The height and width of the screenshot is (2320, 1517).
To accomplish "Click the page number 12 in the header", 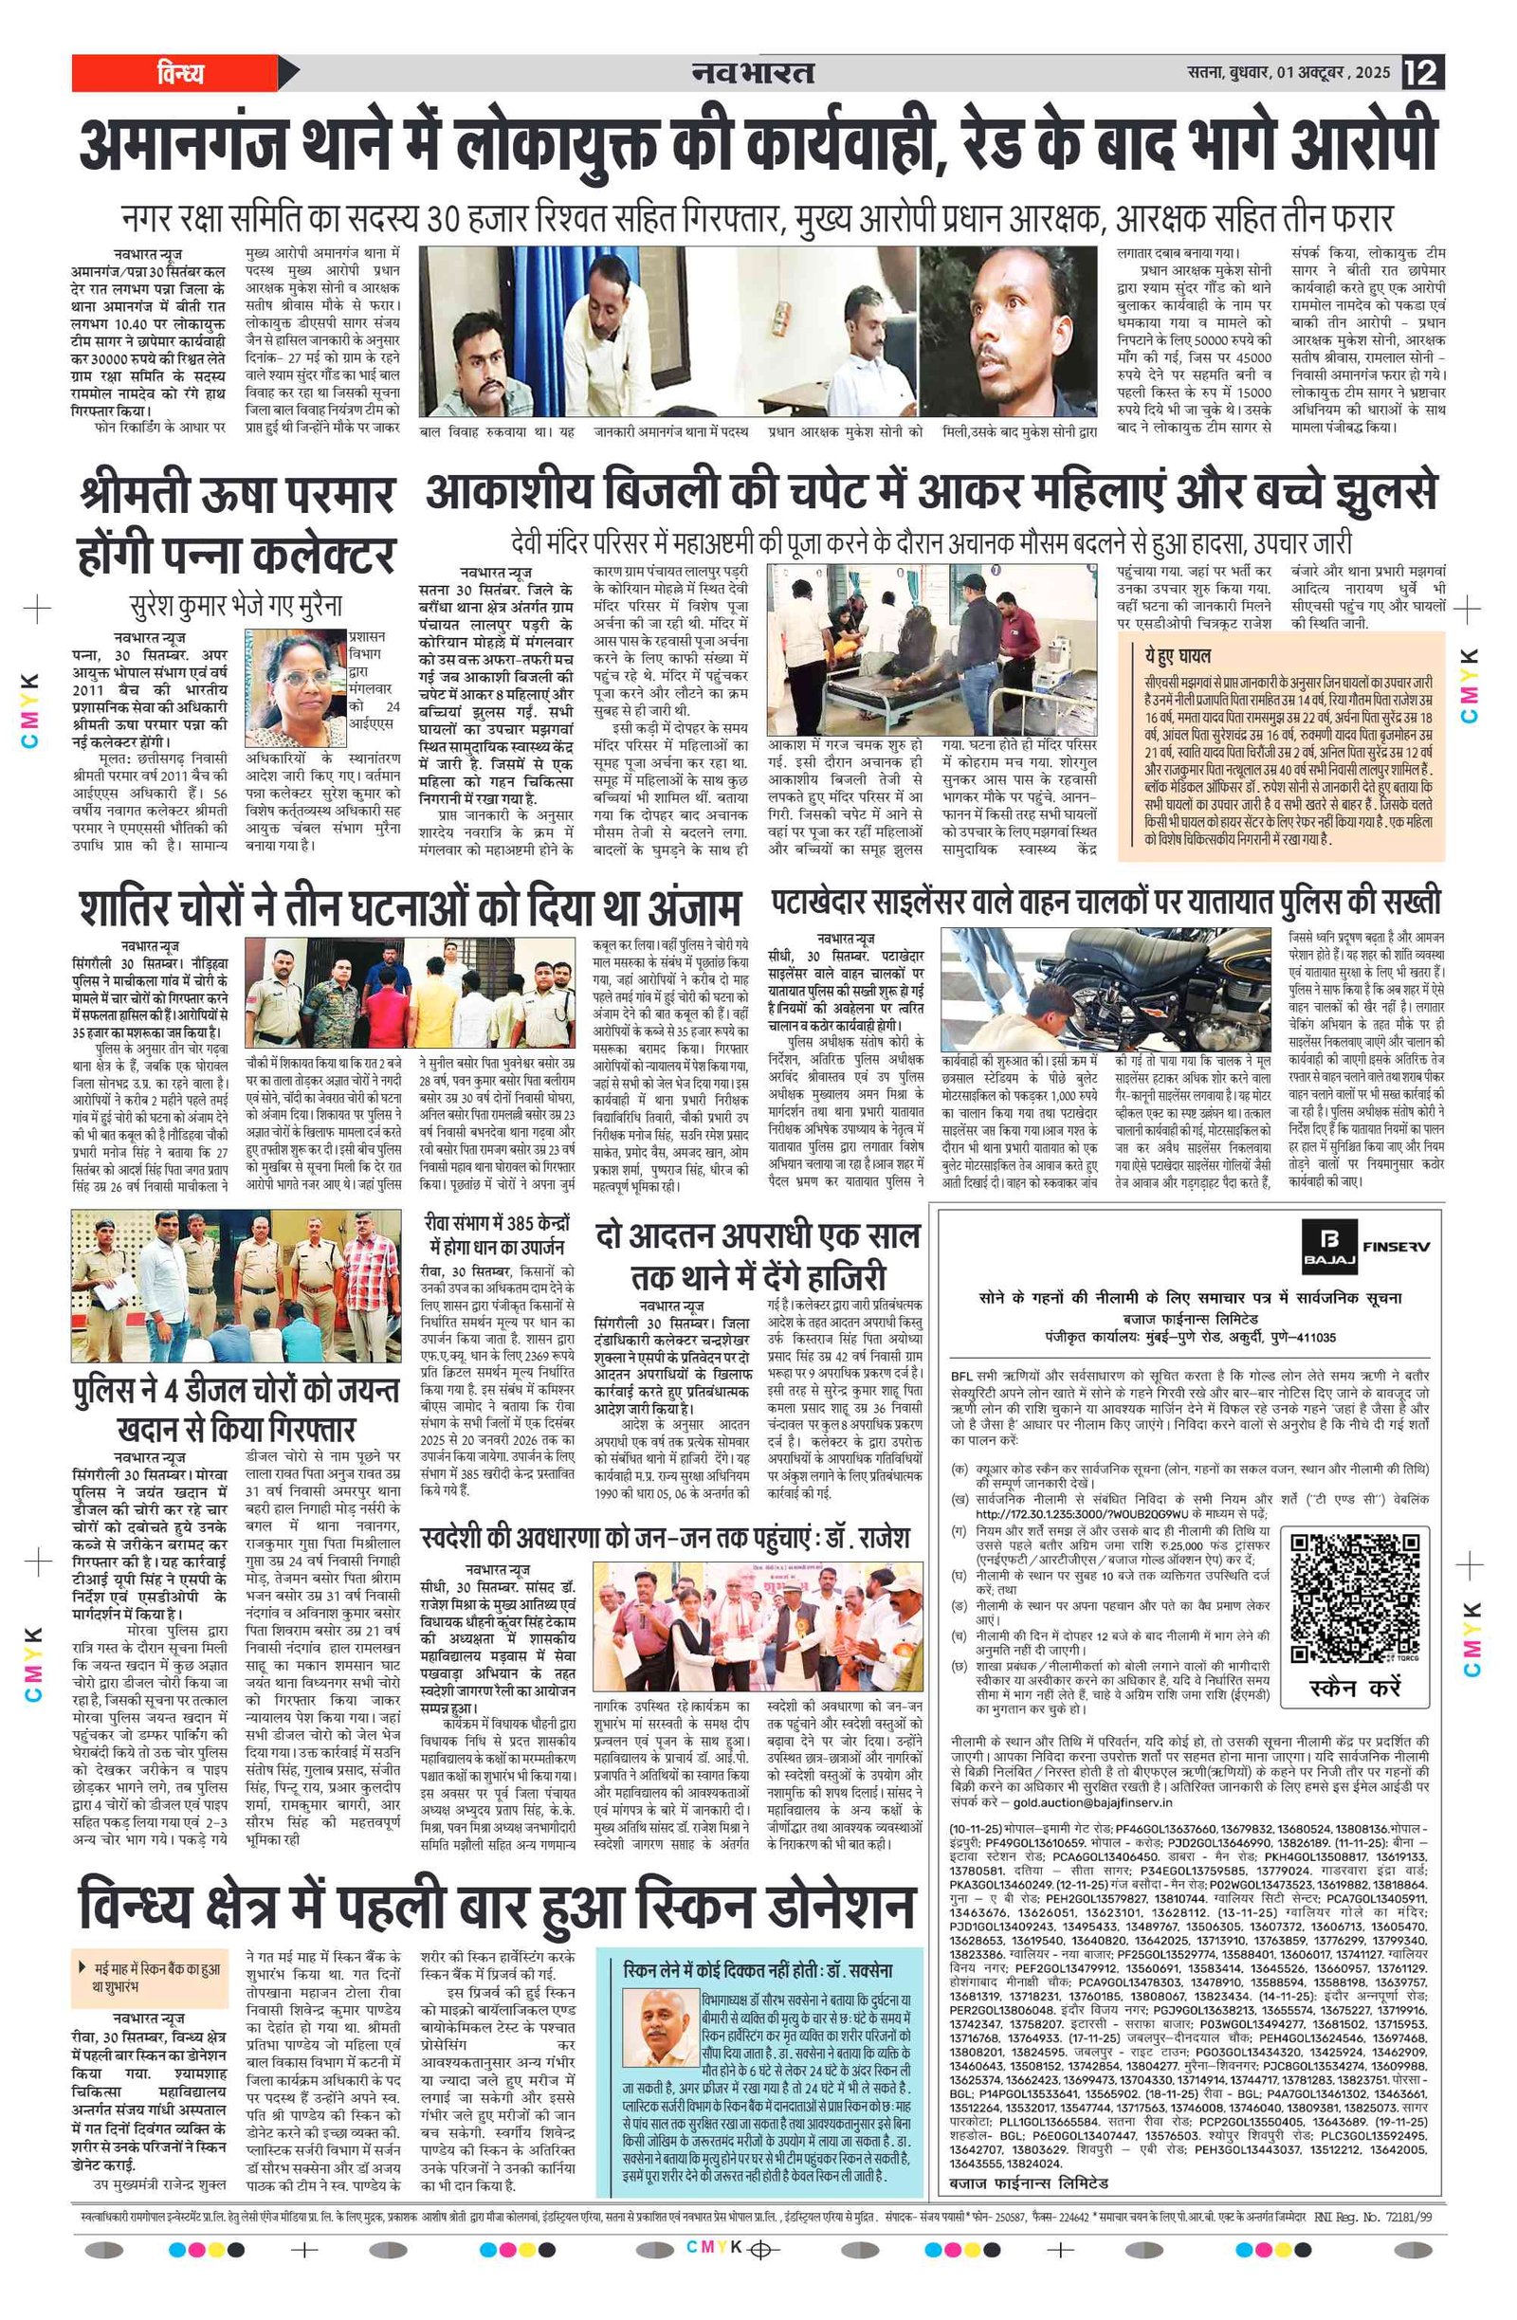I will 1422,73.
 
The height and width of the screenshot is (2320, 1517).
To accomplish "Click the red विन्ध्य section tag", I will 179,73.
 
